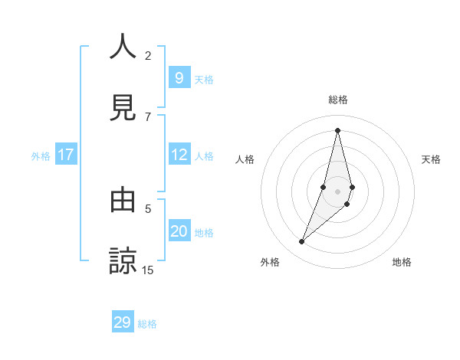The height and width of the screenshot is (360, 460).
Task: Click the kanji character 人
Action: coord(123,47)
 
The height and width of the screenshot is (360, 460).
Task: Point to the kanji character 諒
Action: coord(123,261)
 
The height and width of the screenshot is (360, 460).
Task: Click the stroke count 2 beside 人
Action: coord(148,55)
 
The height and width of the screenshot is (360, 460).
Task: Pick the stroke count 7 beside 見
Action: coord(148,116)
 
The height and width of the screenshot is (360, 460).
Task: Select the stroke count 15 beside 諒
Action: coord(148,270)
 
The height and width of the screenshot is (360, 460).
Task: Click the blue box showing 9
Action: coord(179,77)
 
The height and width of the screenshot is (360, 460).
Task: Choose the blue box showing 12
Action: coord(179,155)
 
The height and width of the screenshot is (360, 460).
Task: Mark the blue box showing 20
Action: coord(179,231)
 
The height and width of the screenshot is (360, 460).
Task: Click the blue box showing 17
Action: coord(66,155)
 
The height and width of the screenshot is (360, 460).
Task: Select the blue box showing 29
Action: coord(123,322)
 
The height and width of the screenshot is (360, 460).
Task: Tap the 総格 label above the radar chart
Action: coord(338,100)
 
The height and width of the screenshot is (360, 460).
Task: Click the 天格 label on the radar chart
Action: coord(431,159)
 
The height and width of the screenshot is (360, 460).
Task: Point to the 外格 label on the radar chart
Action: coord(270,262)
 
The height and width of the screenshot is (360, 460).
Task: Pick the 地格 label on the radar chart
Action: coord(402,262)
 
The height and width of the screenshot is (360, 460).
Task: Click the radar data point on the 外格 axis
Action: coord(301,242)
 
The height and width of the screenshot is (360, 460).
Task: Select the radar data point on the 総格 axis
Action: coord(338,130)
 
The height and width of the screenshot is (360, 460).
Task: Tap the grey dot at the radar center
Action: coord(338,191)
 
